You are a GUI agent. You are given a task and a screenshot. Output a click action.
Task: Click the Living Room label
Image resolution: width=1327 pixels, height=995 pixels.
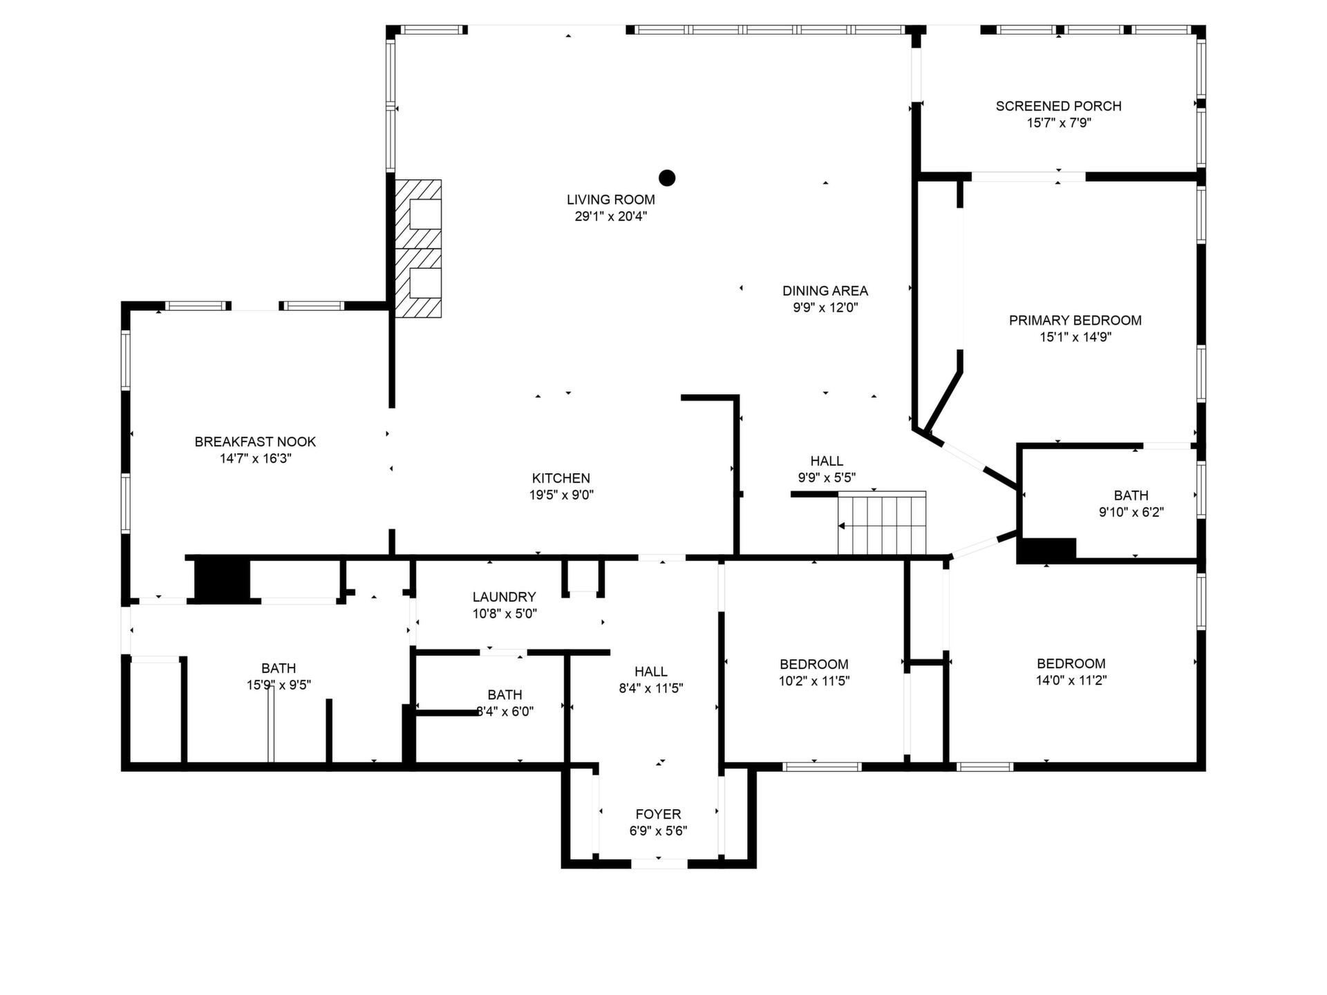pyautogui.click(x=611, y=200)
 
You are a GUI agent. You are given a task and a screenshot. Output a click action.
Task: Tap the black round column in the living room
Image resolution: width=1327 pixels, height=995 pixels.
pyautogui.click(x=666, y=178)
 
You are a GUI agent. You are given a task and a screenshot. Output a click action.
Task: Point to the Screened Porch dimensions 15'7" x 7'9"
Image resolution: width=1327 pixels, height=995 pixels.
pyautogui.click(x=1059, y=123)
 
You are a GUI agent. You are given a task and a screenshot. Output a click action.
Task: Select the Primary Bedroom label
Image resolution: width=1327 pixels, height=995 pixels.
pyautogui.click(x=1075, y=321)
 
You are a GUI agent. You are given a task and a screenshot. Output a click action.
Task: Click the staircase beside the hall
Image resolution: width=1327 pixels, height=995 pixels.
pyautogui.click(x=882, y=523)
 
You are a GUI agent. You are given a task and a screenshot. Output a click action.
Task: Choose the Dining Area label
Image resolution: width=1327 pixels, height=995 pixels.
pyautogui.click(x=825, y=291)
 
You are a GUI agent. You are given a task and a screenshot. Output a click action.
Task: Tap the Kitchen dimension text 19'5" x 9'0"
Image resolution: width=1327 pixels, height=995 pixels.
pyautogui.click(x=561, y=495)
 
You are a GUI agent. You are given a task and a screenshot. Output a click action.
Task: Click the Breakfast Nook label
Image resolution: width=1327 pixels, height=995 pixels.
pyautogui.click(x=255, y=442)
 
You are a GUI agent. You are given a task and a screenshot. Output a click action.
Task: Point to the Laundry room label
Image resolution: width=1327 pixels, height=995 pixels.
pyautogui.click(x=505, y=597)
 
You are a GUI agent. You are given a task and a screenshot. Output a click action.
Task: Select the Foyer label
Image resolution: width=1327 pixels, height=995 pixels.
pyautogui.click(x=658, y=815)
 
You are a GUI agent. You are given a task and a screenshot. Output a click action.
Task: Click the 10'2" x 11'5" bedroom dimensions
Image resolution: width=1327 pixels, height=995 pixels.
pyautogui.click(x=814, y=681)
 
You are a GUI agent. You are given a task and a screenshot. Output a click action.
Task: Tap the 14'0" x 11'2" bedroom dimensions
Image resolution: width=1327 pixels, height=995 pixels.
pyautogui.click(x=1071, y=680)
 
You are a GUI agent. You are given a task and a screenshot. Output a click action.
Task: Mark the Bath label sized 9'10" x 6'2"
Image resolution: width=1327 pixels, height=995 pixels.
pyautogui.click(x=1131, y=495)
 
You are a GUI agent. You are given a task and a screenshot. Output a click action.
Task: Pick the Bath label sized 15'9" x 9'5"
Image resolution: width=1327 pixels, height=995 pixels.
pyautogui.click(x=279, y=668)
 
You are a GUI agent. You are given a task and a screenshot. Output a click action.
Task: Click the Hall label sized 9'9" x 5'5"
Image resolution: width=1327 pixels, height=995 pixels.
pyautogui.click(x=827, y=461)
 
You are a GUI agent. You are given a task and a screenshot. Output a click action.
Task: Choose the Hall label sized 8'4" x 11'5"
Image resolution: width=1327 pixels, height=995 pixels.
pyautogui.click(x=651, y=672)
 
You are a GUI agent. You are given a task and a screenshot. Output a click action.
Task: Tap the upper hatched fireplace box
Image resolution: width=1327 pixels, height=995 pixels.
pyautogui.click(x=418, y=214)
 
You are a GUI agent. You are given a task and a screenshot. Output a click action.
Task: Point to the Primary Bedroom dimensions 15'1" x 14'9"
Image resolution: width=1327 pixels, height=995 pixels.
pyautogui.click(x=1075, y=337)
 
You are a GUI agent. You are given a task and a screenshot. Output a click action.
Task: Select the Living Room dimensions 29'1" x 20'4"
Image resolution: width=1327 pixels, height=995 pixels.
pyautogui.click(x=611, y=216)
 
